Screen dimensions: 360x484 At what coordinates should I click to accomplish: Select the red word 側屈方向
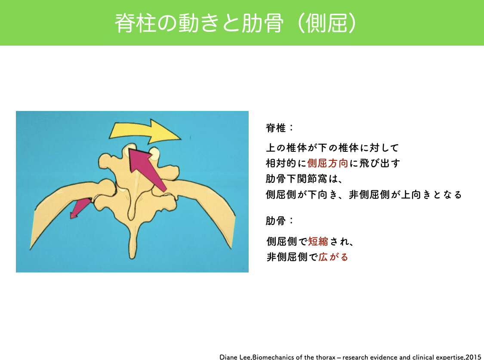(327, 163)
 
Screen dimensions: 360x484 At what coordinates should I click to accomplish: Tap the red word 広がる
(333, 257)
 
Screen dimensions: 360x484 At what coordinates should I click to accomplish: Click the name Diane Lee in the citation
(235, 357)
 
